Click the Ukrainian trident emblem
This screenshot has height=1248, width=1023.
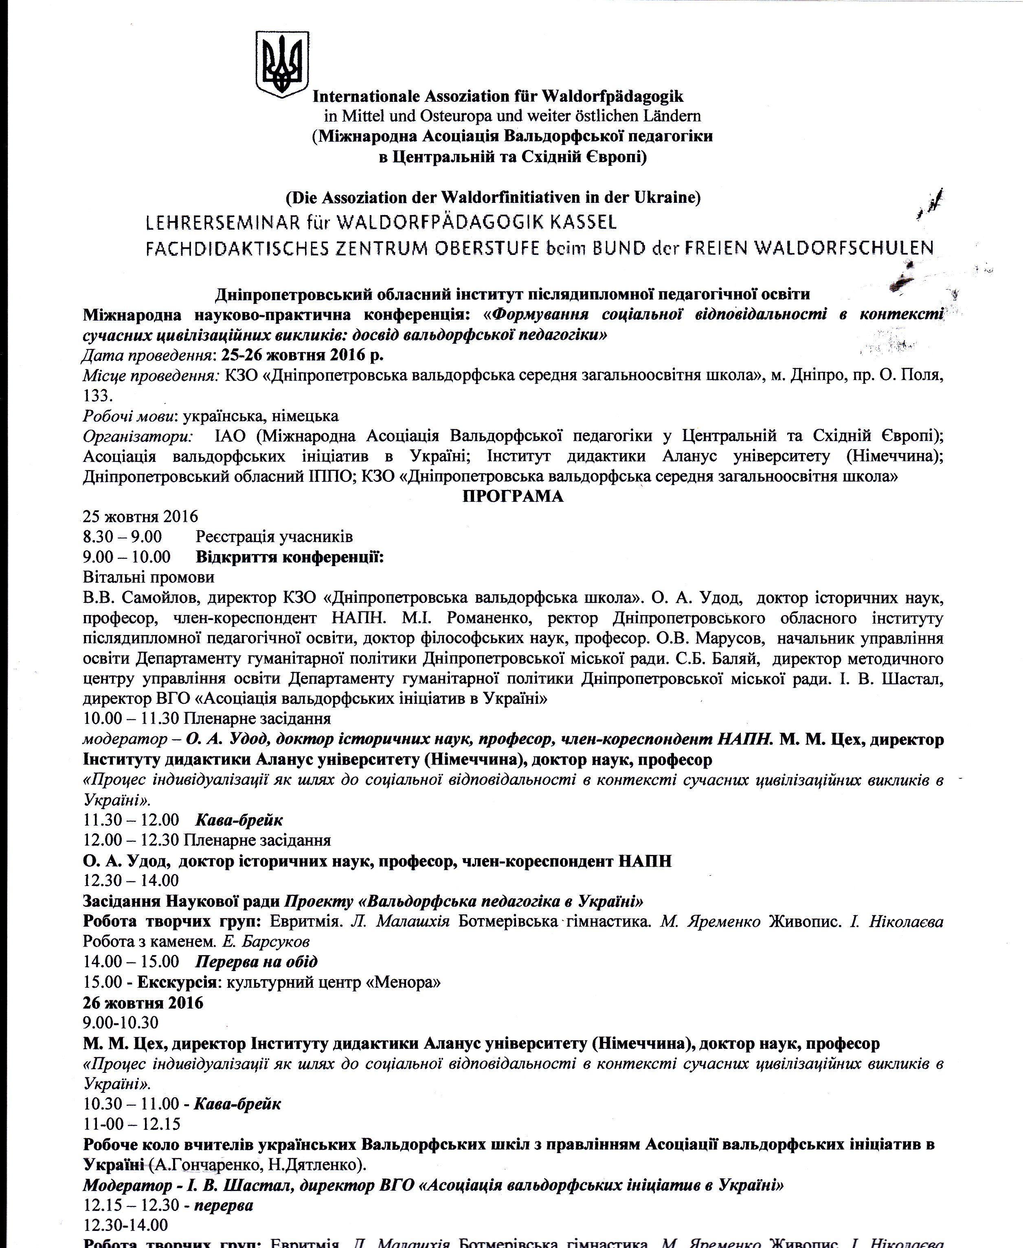point(282,64)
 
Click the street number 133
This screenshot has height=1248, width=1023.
point(97,396)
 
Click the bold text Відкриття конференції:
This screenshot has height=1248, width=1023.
point(289,557)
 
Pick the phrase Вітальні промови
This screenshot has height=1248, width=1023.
point(149,577)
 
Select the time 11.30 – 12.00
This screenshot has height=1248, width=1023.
point(131,820)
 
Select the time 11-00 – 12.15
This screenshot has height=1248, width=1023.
point(132,1124)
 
